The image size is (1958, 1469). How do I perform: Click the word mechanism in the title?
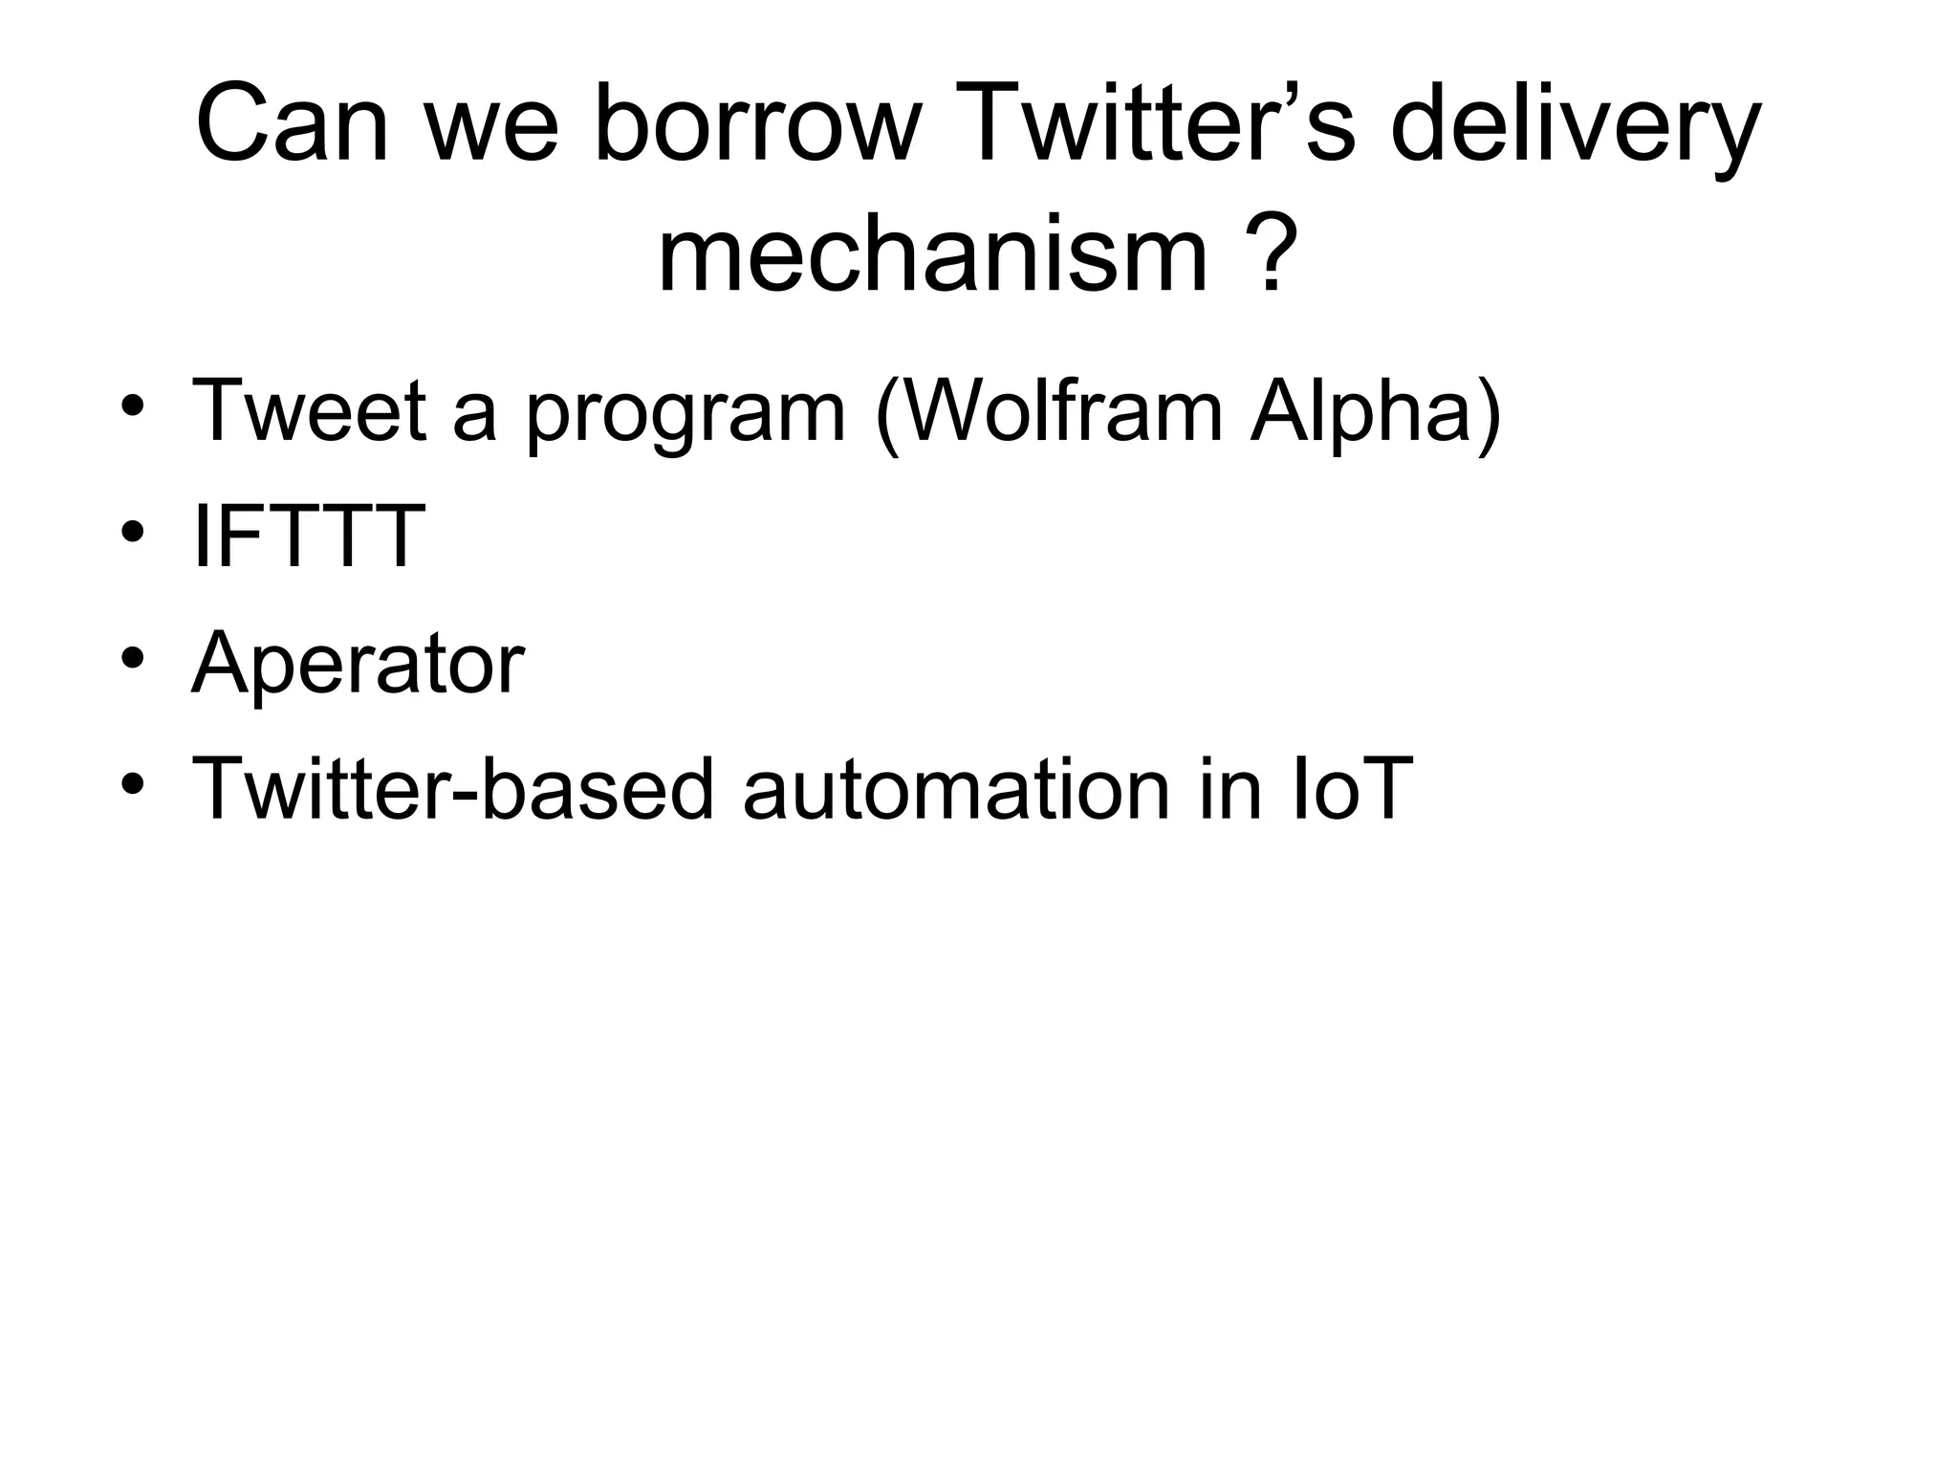coord(933,256)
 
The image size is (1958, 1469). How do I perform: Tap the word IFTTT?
coord(308,537)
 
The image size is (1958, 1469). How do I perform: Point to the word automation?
coord(956,789)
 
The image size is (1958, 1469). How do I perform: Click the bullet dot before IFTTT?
coord(133,532)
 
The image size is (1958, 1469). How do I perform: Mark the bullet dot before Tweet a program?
coord(133,406)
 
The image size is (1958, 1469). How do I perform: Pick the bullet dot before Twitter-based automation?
coord(133,784)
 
